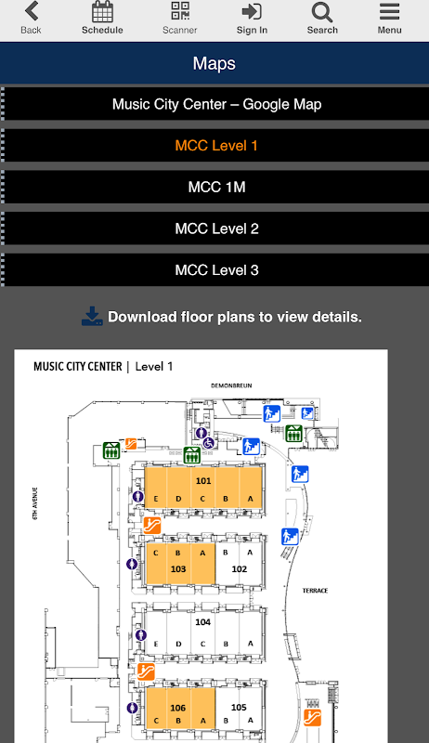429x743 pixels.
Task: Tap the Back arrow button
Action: click(x=32, y=11)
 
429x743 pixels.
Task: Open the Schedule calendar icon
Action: click(x=102, y=12)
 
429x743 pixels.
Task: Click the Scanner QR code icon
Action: click(x=180, y=11)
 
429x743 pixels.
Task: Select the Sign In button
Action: click(x=252, y=11)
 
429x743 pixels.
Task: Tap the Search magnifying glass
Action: click(x=322, y=12)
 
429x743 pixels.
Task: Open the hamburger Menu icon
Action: click(x=389, y=12)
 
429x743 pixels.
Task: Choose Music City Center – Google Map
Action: click(x=217, y=104)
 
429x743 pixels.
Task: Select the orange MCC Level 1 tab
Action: click(x=216, y=146)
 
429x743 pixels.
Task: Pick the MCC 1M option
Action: click(x=217, y=188)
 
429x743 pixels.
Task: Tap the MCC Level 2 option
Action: click(x=217, y=228)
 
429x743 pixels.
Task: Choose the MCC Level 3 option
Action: click(x=217, y=270)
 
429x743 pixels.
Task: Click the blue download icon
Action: click(x=92, y=316)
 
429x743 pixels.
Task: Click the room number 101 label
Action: click(x=203, y=480)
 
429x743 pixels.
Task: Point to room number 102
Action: click(x=240, y=569)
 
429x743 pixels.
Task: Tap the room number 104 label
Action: click(x=202, y=621)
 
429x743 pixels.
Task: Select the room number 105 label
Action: click(x=239, y=707)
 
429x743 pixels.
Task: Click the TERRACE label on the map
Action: click(x=315, y=591)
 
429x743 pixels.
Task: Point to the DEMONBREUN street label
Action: click(x=231, y=385)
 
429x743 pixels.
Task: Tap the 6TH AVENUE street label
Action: click(x=35, y=503)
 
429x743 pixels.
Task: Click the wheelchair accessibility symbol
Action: click(x=209, y=443)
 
